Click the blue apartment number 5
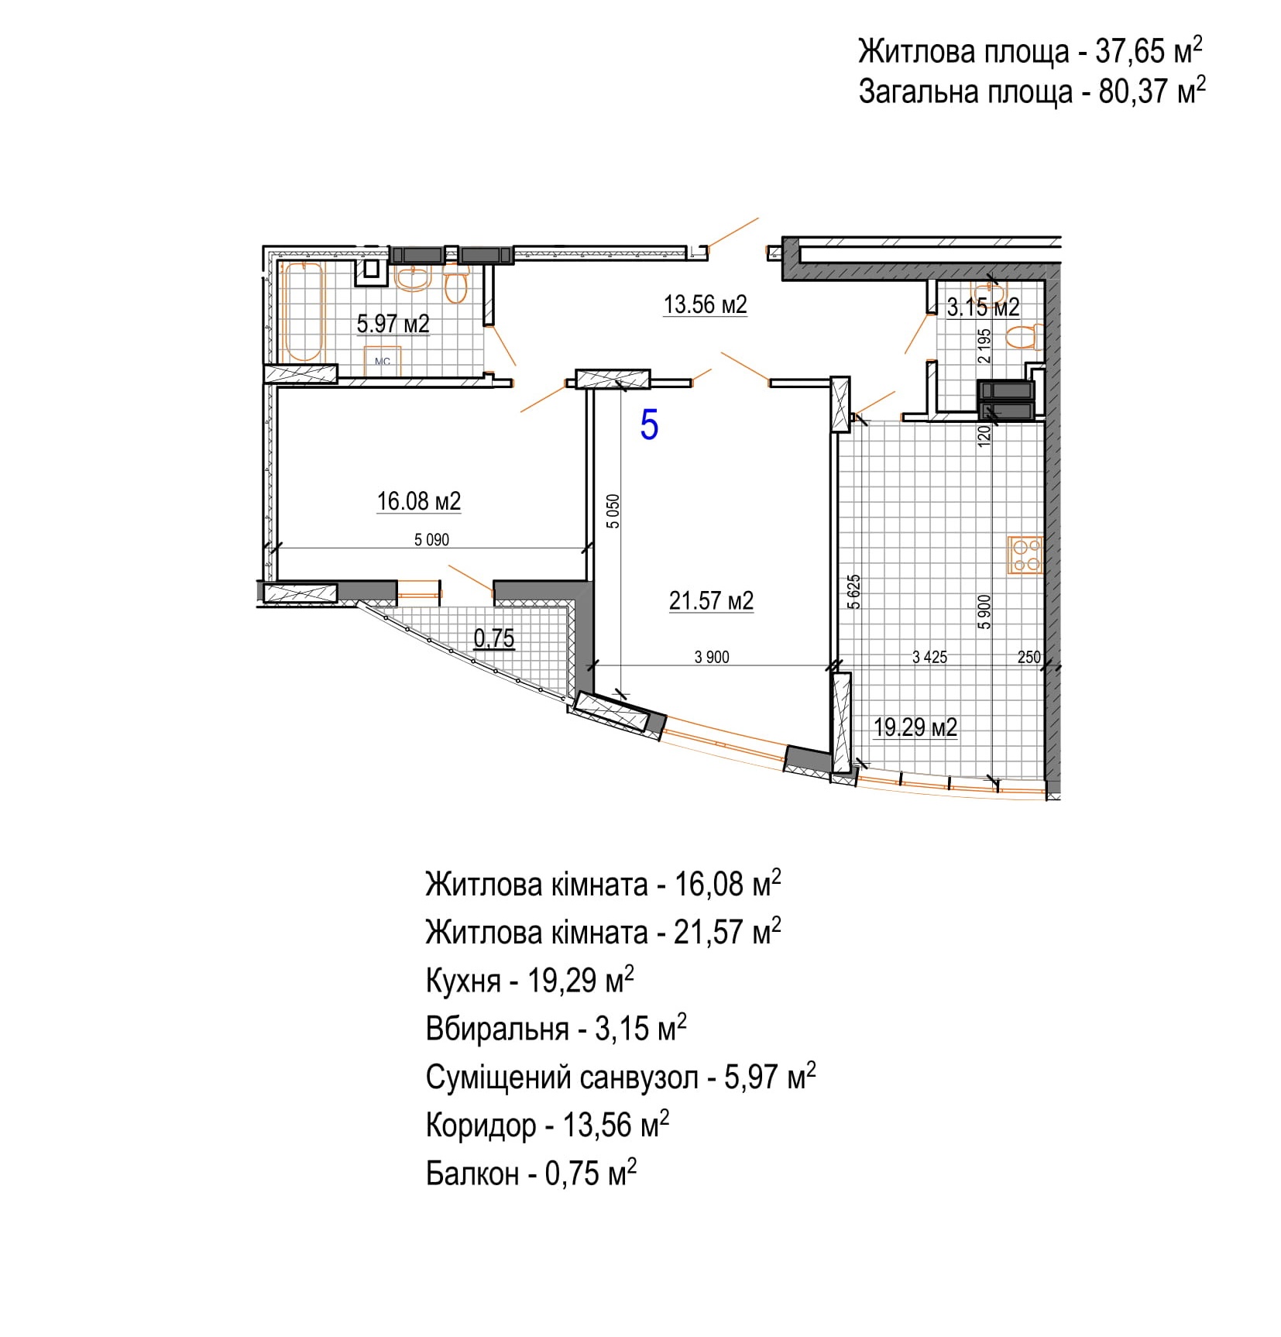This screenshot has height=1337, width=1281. pos(649,425)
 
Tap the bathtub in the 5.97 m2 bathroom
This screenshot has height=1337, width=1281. pos(303,311)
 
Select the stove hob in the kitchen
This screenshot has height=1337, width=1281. pos(1025,555)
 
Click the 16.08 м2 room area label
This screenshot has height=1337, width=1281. pos(418,501)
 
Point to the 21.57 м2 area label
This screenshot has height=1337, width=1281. pos(711,600)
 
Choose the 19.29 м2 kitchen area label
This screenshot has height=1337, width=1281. pos(915,727)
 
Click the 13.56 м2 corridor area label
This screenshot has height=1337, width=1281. pos(705,304)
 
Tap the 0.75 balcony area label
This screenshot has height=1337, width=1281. pos(494,638)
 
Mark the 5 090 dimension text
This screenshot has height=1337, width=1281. pos(431,540)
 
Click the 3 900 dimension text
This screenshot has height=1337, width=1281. pos(712,657)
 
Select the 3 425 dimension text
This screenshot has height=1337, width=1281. pos(929,657)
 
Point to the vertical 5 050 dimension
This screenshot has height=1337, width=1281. pos(613,511)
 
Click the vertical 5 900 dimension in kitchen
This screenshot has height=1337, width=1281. pos(984,611)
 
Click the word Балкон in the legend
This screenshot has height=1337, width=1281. pos(472,1174)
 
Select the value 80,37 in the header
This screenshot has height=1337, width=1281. pos(1133,92)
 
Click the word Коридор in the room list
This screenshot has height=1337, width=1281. pos(481,1126)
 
